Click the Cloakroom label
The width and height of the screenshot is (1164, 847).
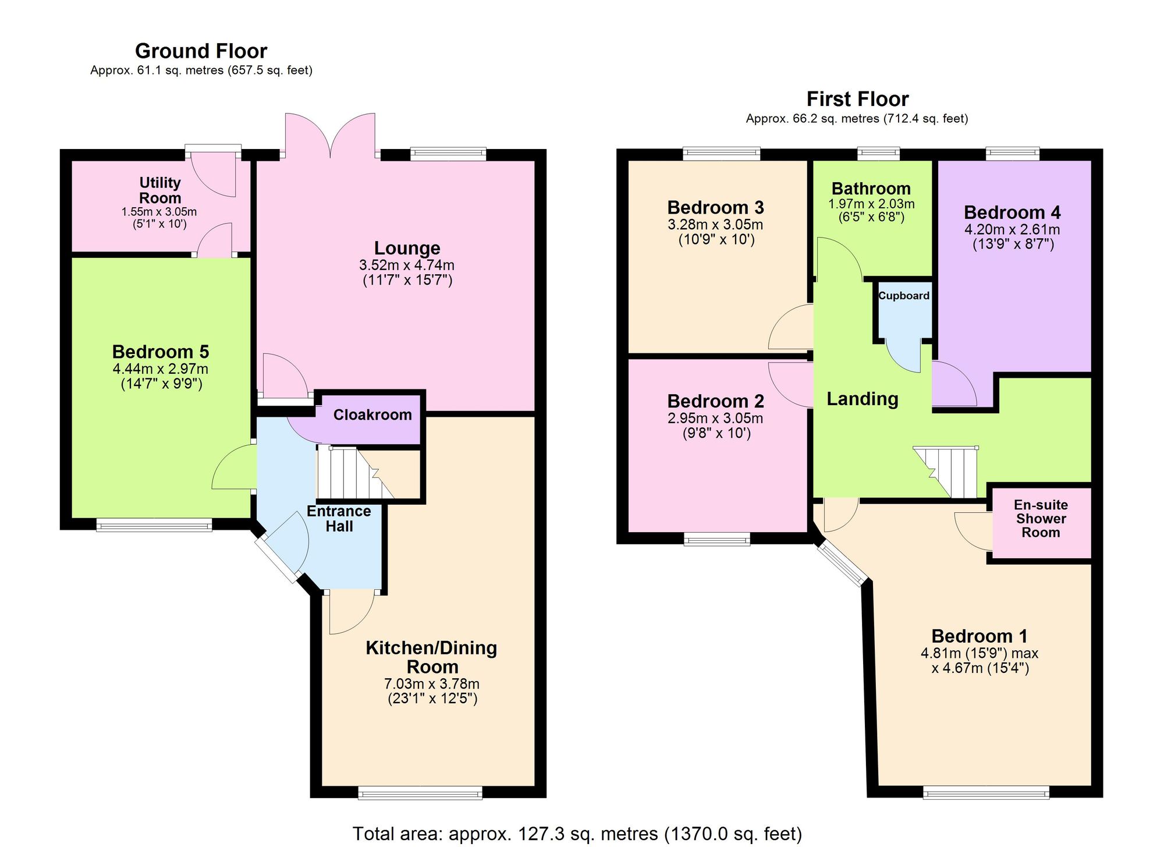(x=372, y=414)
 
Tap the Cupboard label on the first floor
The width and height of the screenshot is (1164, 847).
(x=903, y=296)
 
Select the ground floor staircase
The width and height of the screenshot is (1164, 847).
(x=349, y=473)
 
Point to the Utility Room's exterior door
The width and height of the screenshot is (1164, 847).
(x=213, y=172)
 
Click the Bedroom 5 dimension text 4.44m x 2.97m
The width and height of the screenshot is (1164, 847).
(x=161, y=369)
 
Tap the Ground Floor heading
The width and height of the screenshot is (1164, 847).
(x=201, y=51)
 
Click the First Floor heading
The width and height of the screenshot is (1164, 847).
(x=857, y=100)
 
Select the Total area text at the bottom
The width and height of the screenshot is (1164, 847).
(x=577, y=834)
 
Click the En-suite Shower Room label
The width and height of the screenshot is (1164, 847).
(x=1041, y=519)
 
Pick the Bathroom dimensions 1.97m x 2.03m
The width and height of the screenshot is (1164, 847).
(x=871, y=204)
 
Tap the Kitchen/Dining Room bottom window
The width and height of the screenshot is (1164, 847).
(x=420, y=792)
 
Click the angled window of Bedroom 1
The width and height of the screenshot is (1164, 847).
(x=842, y=564)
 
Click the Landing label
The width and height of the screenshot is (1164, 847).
(x=863, y=399)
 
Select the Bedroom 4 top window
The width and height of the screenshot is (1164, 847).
(x=1013, y=154)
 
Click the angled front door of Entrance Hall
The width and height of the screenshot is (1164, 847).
(x=279, y=559)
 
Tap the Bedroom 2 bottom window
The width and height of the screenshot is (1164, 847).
(x=717, y=540)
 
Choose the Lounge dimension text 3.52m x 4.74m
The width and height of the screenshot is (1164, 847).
(x=407, y=265)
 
